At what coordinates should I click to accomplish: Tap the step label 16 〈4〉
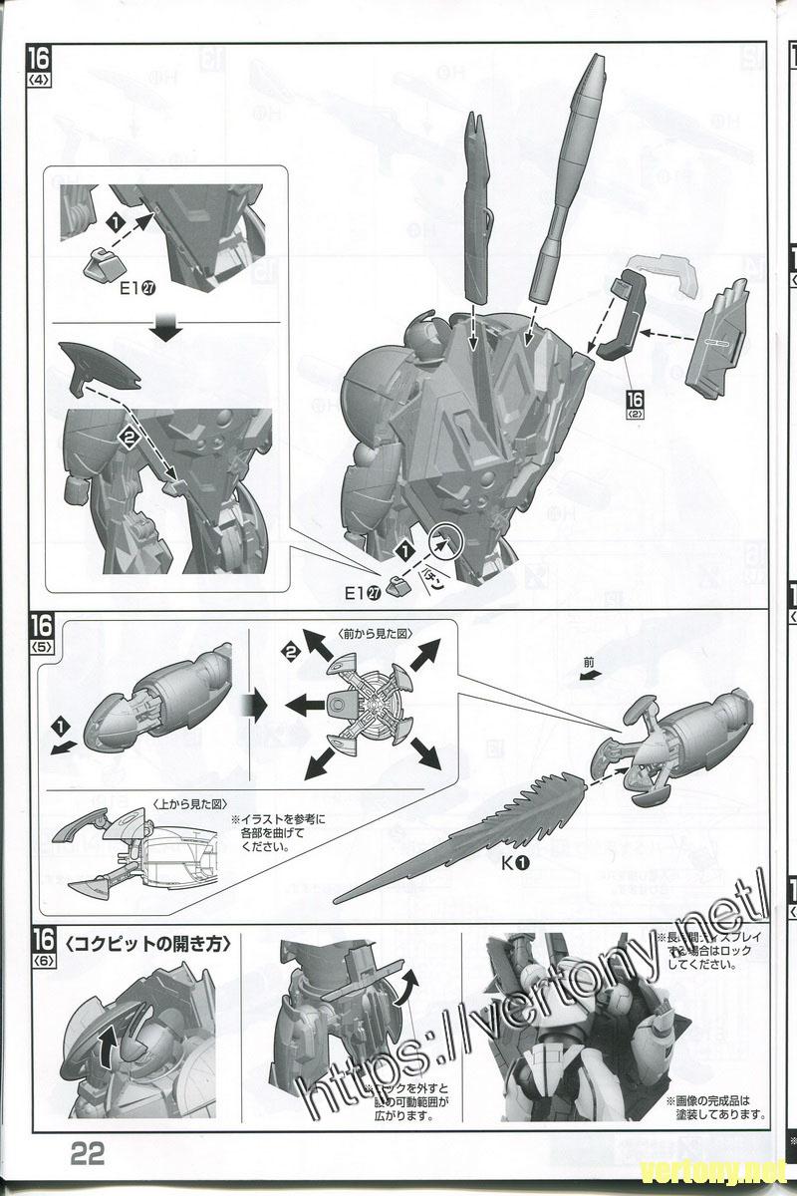pos(41,66)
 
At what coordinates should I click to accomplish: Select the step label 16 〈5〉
pos(41,633)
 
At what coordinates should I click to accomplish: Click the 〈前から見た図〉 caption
pos(376,633)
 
